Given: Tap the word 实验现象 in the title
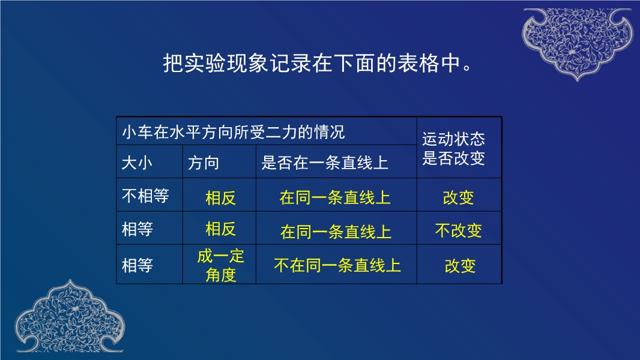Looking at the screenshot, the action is pyautogui.click(x=226, y=63).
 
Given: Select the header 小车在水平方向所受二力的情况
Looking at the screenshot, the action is pyautogui.click(x=234, y=132).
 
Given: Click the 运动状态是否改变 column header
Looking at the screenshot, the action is pyautogui.click(x=453, y=148).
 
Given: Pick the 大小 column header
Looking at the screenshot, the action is pyautogui.click(x=137, y=163).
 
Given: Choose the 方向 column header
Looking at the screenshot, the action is pyautogui.click(x=204, y=163).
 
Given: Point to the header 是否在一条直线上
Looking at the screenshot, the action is pyautogui.click(x=324, y=163).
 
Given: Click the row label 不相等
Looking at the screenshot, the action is pyautogui.click(x=145, y=196).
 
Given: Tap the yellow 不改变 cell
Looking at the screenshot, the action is pyautogui.click(x=458, y=231).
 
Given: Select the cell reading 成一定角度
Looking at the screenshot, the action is pyautogui.click(x=221, y=265).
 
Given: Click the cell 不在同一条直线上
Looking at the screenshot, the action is pyautogui.click(x=337, y=265).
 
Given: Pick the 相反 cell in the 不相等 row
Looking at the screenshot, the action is pyautogui.click(x=221, y=198).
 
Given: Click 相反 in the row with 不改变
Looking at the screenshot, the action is pyautogui.click(x=221, y=229).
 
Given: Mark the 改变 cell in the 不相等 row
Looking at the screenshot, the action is pyautogui.click(x=458, y=198).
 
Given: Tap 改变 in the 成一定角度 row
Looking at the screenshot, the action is pyautogui.click(x=460, y=266).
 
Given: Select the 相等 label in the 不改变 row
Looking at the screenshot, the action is pyautogui.click(x=137, y=229).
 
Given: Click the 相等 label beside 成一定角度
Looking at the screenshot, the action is pyautogui.click(x=137, y=265).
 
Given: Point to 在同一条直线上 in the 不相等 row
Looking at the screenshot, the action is pyautogui.click(x=335, y=198).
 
